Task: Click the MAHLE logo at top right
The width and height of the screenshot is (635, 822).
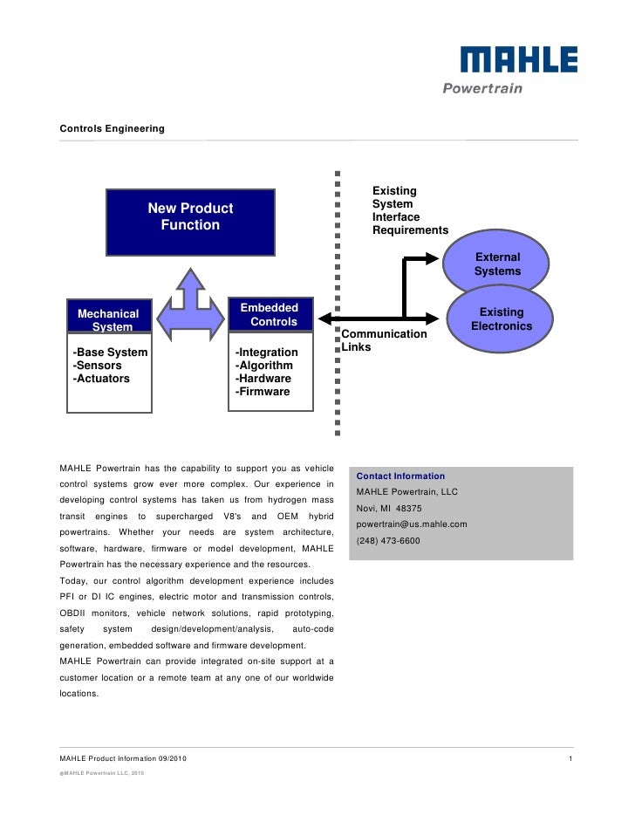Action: point(518,59)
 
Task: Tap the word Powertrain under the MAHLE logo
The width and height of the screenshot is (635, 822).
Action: point(481,88)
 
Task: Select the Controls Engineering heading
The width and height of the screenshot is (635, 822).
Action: point(112,129)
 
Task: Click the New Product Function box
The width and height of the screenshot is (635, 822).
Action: point(190,222)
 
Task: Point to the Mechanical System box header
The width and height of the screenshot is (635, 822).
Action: point(109,319)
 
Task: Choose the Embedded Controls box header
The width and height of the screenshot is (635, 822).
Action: point(270,314)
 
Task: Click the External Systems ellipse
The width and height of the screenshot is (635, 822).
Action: point(496,264)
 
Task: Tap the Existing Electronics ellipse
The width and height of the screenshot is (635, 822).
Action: point(501,319)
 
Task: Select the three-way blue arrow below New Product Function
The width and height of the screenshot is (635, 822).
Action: point(190,303)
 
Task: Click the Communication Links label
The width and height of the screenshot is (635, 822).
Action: point(384,340)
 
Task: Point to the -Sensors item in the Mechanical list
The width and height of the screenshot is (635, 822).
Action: point(97,366)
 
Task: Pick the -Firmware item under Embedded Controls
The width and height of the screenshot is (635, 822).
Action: point(263,392)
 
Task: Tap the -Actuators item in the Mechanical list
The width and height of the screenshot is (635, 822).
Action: point(101,379)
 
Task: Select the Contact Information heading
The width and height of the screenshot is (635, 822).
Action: point(400,476)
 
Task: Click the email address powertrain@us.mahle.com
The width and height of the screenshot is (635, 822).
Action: point(412,524)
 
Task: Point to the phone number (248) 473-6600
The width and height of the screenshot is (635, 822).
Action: point(388,541)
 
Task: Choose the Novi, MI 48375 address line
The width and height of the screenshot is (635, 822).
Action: point(389,508)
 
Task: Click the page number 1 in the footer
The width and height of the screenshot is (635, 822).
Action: point(570,757)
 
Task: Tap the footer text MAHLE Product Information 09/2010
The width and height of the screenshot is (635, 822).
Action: point(122,757)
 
